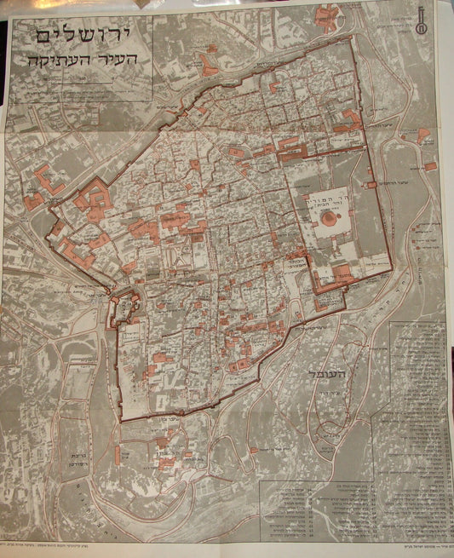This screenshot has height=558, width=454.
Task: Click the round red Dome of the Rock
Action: tap(328, 219)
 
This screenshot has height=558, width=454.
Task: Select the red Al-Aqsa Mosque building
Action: tap(341, 274)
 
